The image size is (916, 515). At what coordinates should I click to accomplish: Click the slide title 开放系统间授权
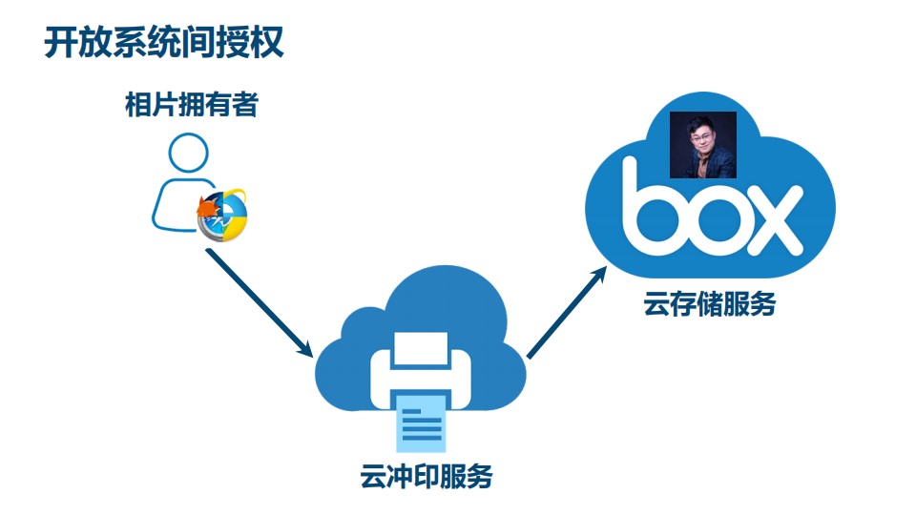click(164, 43)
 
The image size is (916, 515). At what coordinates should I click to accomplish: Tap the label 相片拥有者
click(191, 104)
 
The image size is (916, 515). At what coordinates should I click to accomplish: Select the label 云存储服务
click(709, 305)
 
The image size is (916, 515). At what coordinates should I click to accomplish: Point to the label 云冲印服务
click(426, 475)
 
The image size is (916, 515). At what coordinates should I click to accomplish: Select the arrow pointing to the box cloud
click(567, 312)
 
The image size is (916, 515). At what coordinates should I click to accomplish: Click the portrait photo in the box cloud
click(703, 145)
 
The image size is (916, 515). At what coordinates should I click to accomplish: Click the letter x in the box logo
click(774, 218)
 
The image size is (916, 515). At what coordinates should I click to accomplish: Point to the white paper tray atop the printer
click(420, 349)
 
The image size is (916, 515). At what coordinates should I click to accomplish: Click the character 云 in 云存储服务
click(656, 305)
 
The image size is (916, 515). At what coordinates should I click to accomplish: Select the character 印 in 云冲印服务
click(426, 475)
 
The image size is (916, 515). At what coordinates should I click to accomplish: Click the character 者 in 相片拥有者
click(244, 104)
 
